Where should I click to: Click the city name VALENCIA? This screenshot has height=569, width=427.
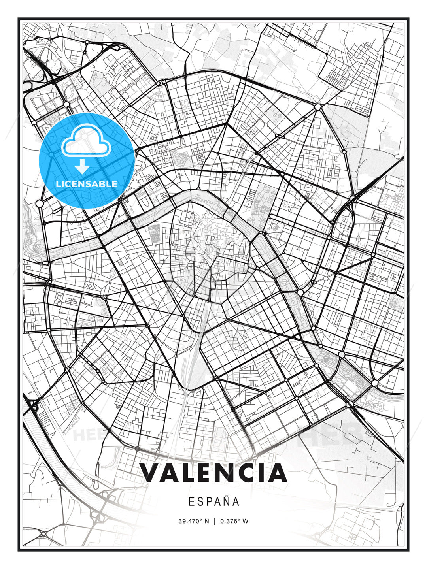[x=213, y=473]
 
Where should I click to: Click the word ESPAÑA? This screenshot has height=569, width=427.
[x=213, y=502]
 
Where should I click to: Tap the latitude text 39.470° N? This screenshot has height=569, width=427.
[x=193, y=521]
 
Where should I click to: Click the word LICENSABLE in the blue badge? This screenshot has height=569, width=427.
[x=87, y=184]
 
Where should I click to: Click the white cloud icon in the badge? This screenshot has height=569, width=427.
[x=85, y=141]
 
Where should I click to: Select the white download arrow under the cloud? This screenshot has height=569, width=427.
[x=82, y=167]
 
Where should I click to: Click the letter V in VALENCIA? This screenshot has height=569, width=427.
[x=150, y=473]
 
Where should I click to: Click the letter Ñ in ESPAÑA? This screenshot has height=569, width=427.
[x=225, y=501]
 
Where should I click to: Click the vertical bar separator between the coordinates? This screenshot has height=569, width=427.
[x=215, y=521]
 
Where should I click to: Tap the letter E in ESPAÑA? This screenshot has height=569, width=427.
[x=191, y=502]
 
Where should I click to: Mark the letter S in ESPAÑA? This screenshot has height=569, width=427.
[x=200, y=502]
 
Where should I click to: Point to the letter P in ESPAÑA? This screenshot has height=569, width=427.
[x=208, y=502]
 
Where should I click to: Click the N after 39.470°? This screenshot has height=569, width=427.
[x=206, y=521]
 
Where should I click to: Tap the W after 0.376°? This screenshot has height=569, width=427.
[x=246, y=521]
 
